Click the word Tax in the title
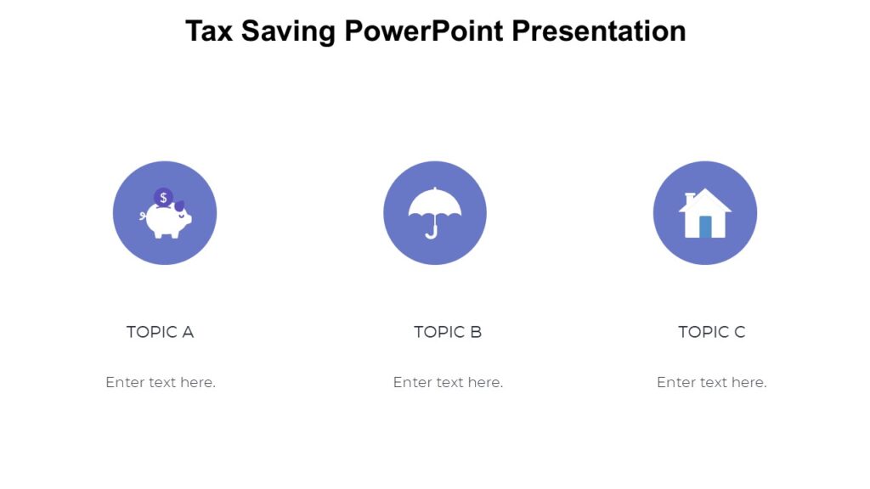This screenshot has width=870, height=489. [x=209, y=31]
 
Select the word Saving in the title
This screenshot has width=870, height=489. [x=288, y=31]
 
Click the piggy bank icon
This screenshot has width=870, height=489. [x=167, y=220]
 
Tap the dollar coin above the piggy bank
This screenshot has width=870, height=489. [x=162, y=198]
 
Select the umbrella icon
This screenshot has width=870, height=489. [x=434, y=209]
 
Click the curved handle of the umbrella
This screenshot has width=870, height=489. [x=432, y=231]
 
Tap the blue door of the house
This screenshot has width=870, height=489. [x=705, y=227]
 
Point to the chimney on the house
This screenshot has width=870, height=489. [x=689, y=199]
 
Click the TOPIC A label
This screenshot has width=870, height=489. [x=160, y=332]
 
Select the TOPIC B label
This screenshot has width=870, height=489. [x=448, y=332]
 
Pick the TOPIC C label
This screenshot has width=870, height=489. [x=711, y=332]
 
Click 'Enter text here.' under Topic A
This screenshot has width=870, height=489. [x=161, y=382]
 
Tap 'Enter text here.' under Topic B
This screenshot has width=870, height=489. [x=448, y=382]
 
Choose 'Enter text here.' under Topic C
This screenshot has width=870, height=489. [x=711, y=382]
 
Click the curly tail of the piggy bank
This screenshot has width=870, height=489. [x=143, y=216]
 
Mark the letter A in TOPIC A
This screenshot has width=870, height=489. [x=188, y=332]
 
